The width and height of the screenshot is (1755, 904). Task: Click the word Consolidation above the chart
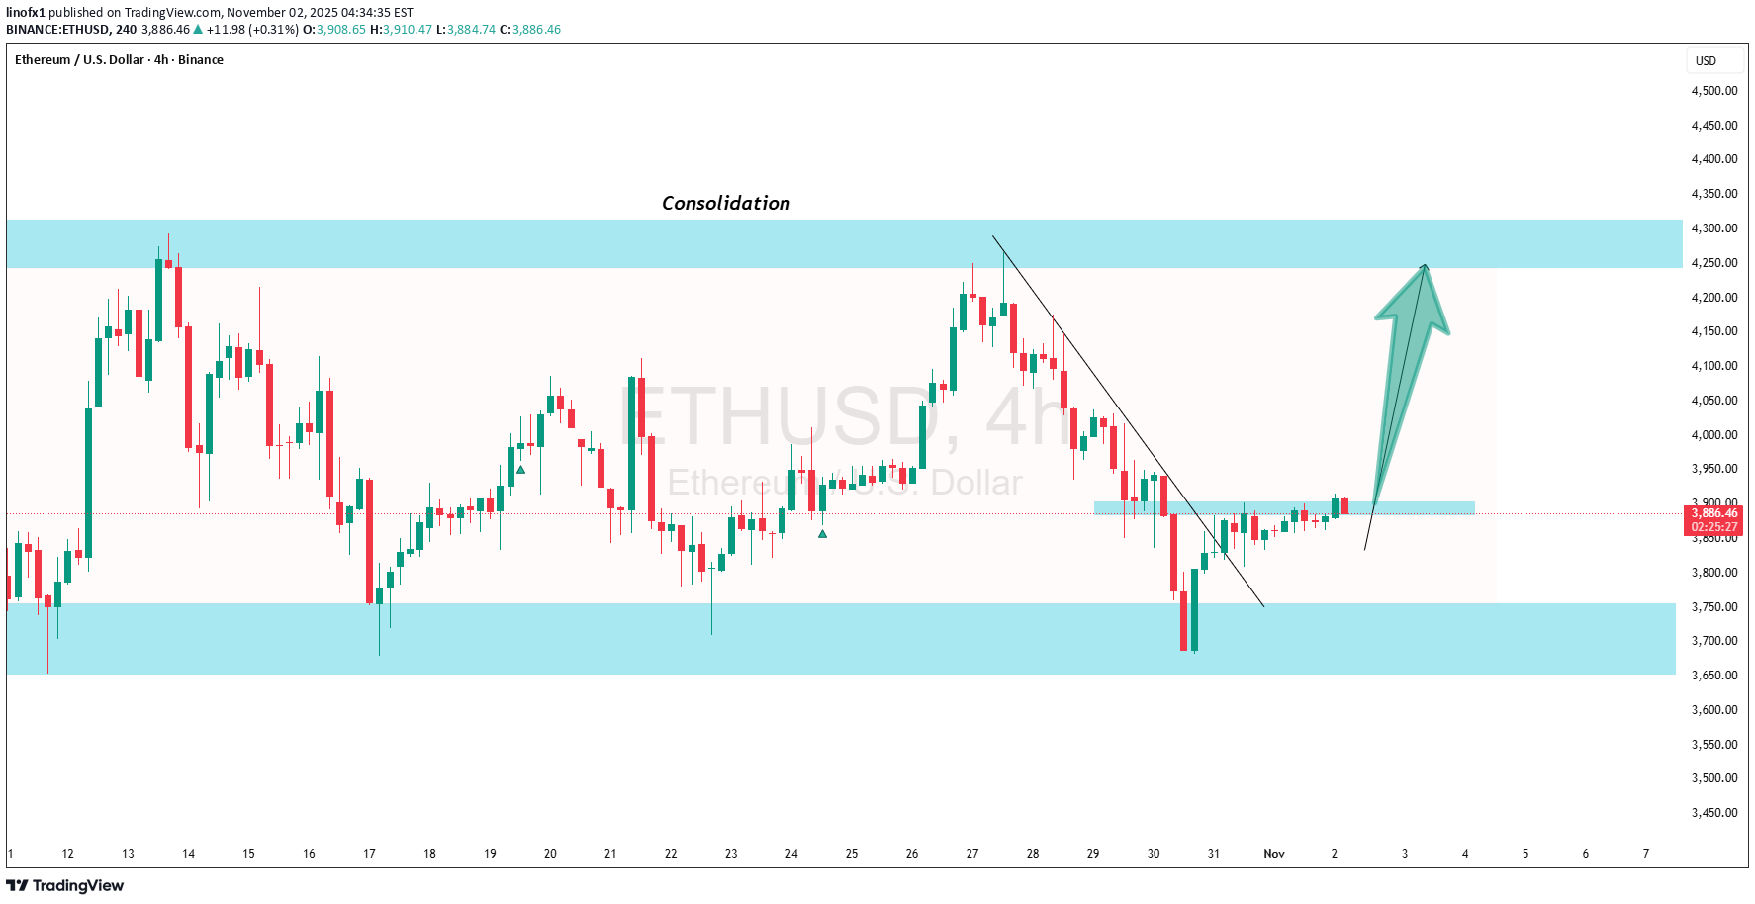tap(725, 203)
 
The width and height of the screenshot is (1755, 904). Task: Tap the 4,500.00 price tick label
tap(1713, 91)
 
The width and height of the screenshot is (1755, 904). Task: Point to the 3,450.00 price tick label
tap(1713, 813)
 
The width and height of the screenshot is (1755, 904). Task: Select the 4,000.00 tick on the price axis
tap(1713, 435)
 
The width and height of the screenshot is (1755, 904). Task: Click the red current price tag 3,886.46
tap(1713, 513)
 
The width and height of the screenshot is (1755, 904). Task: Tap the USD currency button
tap(1706, 61)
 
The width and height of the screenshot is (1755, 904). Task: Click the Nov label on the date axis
tap(1273, 854)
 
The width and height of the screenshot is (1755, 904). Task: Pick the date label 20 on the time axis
tap(550, 854)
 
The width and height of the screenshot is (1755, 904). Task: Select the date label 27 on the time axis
tap(971, 854)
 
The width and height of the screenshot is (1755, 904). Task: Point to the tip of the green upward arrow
tap(1425, 265)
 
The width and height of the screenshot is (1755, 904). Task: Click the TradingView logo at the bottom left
tap(65, 885)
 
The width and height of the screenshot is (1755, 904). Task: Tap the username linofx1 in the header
tap(26, 13)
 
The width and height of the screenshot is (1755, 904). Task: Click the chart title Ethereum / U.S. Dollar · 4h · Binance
tap(119, 60)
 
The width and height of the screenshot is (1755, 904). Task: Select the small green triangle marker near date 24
tap(822, 534)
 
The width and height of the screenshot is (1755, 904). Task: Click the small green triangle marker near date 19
tap(520, 470)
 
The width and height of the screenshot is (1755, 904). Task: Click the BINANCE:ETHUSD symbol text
tap(57, 30)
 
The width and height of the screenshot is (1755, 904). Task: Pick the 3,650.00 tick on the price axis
tap(1713, 676)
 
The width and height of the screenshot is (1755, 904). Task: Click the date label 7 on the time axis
tap(1645, 854)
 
